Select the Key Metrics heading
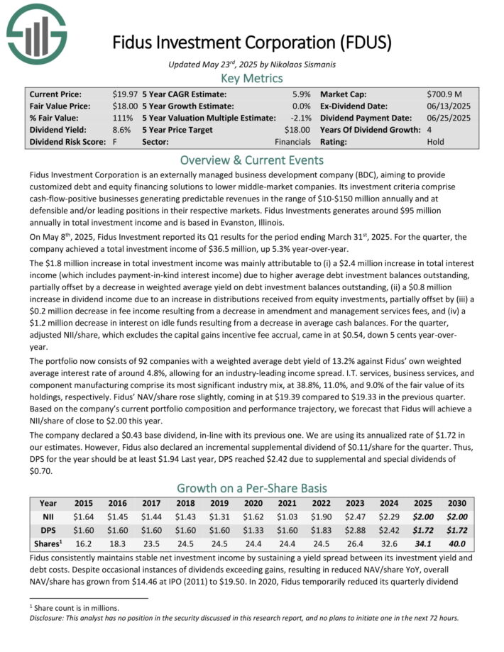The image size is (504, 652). (252, 77)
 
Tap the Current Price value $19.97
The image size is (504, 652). (126, 94)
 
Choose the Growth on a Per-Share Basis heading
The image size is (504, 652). (252, 488)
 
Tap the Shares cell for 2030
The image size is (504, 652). (457, 545)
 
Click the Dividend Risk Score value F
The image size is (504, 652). (114, 142)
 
